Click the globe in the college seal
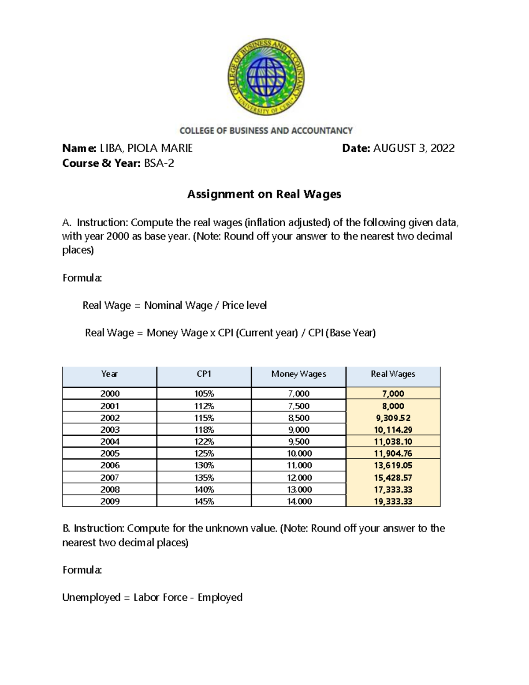[266, 78]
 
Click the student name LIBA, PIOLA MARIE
[146, 148]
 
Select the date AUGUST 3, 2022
[414, 148]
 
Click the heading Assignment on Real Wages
[264, 194]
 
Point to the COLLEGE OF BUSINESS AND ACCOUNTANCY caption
[266, 131]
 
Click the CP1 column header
[204, 374]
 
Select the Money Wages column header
[298, 374]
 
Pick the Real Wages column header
[393, 374]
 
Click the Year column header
[109, 374]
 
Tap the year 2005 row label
[110, 453]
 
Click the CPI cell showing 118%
[204, 430]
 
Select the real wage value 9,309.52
[393, 418]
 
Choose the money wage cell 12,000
[299, 478]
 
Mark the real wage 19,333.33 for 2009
[393, 502]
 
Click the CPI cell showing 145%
[204, 502]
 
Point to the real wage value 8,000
[393, 406]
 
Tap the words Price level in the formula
[244, 305]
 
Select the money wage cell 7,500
[298, 406]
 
